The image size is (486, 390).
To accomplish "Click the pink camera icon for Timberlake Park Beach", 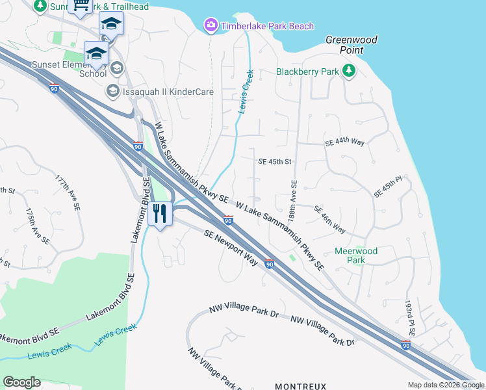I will (211, 26).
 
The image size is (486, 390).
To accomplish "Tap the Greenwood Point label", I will (351, 45).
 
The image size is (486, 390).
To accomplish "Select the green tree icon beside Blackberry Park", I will (349, 71).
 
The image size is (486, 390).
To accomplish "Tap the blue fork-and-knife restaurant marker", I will (160, 213).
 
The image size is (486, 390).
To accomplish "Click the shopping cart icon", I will (81, 6).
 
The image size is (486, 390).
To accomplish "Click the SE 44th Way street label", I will (344, 142).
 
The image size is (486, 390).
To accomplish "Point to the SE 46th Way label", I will (329, 220).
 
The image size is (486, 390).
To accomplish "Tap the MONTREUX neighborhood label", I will (300, 386).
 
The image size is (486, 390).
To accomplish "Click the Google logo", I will (21, 382).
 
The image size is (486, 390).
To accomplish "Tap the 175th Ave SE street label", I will (37, 226).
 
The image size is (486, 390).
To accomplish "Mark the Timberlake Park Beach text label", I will (267, 26).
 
